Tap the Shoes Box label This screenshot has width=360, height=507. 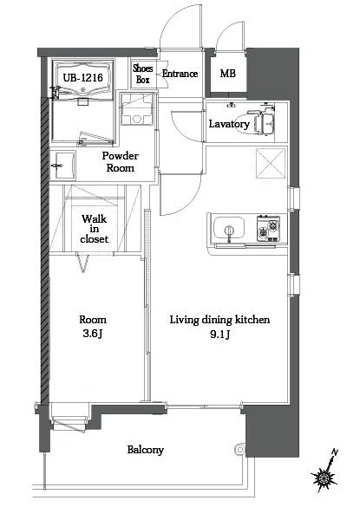[x=143, y=74]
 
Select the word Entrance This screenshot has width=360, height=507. [x=180, y=75]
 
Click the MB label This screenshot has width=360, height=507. [x=227, y=75]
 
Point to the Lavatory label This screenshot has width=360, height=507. [x=229, y=124]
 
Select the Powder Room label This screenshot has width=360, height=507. [x=121, y=162]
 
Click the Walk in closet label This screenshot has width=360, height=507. [x=94, y=229]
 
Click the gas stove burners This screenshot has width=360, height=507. [x=268, y=229]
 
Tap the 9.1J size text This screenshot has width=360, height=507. [x=219, y=335]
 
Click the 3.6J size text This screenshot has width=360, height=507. [x=93, y=335]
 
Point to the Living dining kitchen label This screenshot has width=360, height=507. [x=219, y=320]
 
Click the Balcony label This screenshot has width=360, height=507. [x=145, y=450]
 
